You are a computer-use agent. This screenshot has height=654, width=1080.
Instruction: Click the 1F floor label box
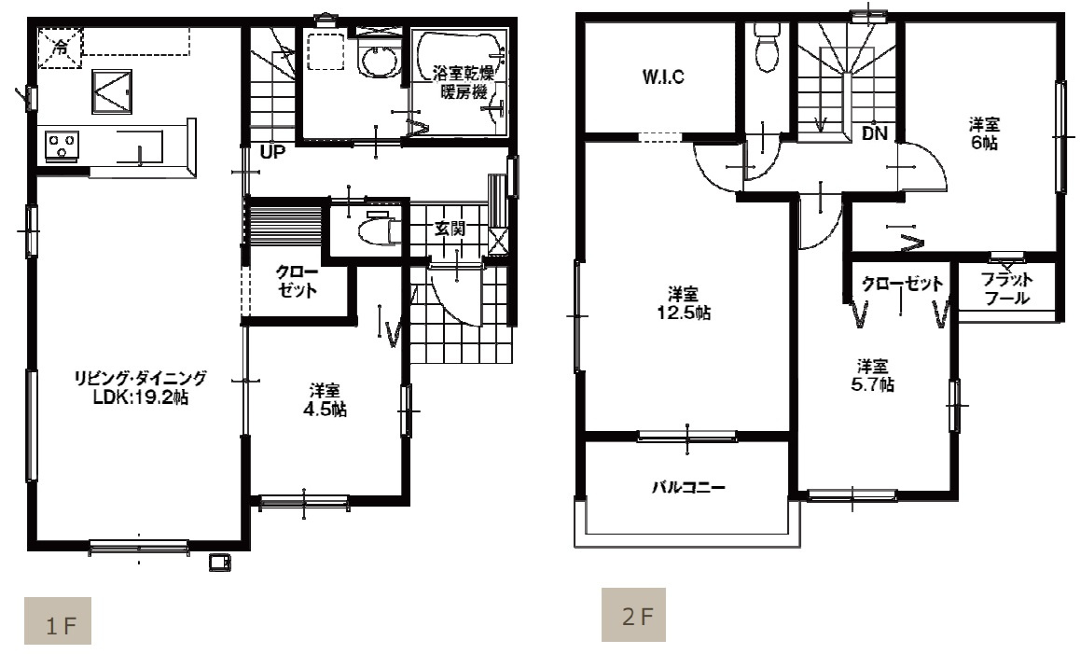(x=58, y=621)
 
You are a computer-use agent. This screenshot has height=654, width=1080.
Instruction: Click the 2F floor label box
(x=633, y=614)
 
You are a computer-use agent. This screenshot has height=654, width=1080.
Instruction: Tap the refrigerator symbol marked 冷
(x=60, y=49)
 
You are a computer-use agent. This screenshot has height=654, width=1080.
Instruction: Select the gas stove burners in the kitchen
(x=62, y=146)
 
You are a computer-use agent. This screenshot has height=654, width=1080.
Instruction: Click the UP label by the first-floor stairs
(x=273, y=152)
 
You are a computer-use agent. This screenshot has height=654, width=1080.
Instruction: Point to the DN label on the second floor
(x=875, y=133)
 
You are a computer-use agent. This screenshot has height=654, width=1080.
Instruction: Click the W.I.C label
(x=663, y=77)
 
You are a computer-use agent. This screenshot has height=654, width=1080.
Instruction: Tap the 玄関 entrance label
(x=450, y=229)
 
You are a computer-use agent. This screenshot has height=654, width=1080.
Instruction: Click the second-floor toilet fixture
(x=766, y=47)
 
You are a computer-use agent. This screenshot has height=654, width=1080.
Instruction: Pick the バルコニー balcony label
(x=689, y=488)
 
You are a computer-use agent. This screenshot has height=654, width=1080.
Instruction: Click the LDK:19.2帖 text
(x=141, y=397)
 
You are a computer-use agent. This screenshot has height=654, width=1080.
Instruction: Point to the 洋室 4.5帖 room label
(x=325, y=400)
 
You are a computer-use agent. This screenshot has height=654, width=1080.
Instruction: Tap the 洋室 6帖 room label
(x=984, y=133)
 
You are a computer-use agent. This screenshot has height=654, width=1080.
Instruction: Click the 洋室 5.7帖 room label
(x=873, y=375)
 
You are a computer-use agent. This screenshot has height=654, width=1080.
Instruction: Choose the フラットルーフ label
(x=1007, y=289)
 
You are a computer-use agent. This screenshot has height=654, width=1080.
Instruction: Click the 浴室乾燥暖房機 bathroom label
(x=463, y=82)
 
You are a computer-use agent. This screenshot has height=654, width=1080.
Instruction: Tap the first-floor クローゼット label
(x=298, y=281)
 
